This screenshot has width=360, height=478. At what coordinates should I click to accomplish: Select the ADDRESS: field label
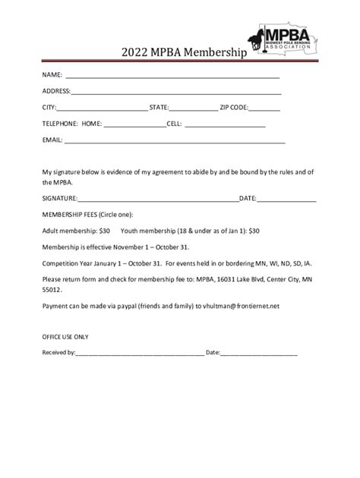[x=57, y=91]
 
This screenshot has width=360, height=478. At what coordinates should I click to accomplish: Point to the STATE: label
[x=159, y=107]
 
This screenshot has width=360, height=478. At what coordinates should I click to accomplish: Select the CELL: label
[x=174, y=124]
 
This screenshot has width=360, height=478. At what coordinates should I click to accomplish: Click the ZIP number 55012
[x=52, y=290]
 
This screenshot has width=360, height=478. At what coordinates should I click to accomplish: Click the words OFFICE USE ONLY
[x=65, y=336]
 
